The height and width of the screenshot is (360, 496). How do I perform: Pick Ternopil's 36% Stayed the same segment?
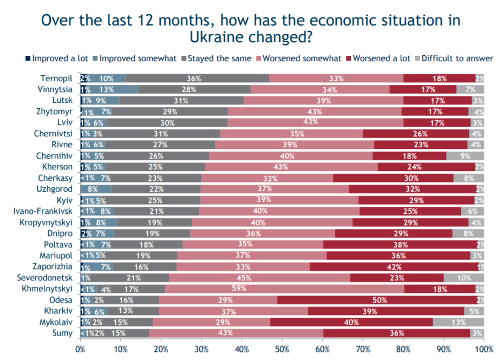click(197, 78)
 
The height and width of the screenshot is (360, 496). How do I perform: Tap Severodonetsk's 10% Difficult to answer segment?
click(464, 278)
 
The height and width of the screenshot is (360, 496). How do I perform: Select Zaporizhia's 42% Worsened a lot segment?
click(394, 267)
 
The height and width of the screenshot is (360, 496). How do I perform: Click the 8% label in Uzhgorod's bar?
click(93, 189)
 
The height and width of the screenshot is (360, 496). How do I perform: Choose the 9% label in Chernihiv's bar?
click(465, 156)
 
